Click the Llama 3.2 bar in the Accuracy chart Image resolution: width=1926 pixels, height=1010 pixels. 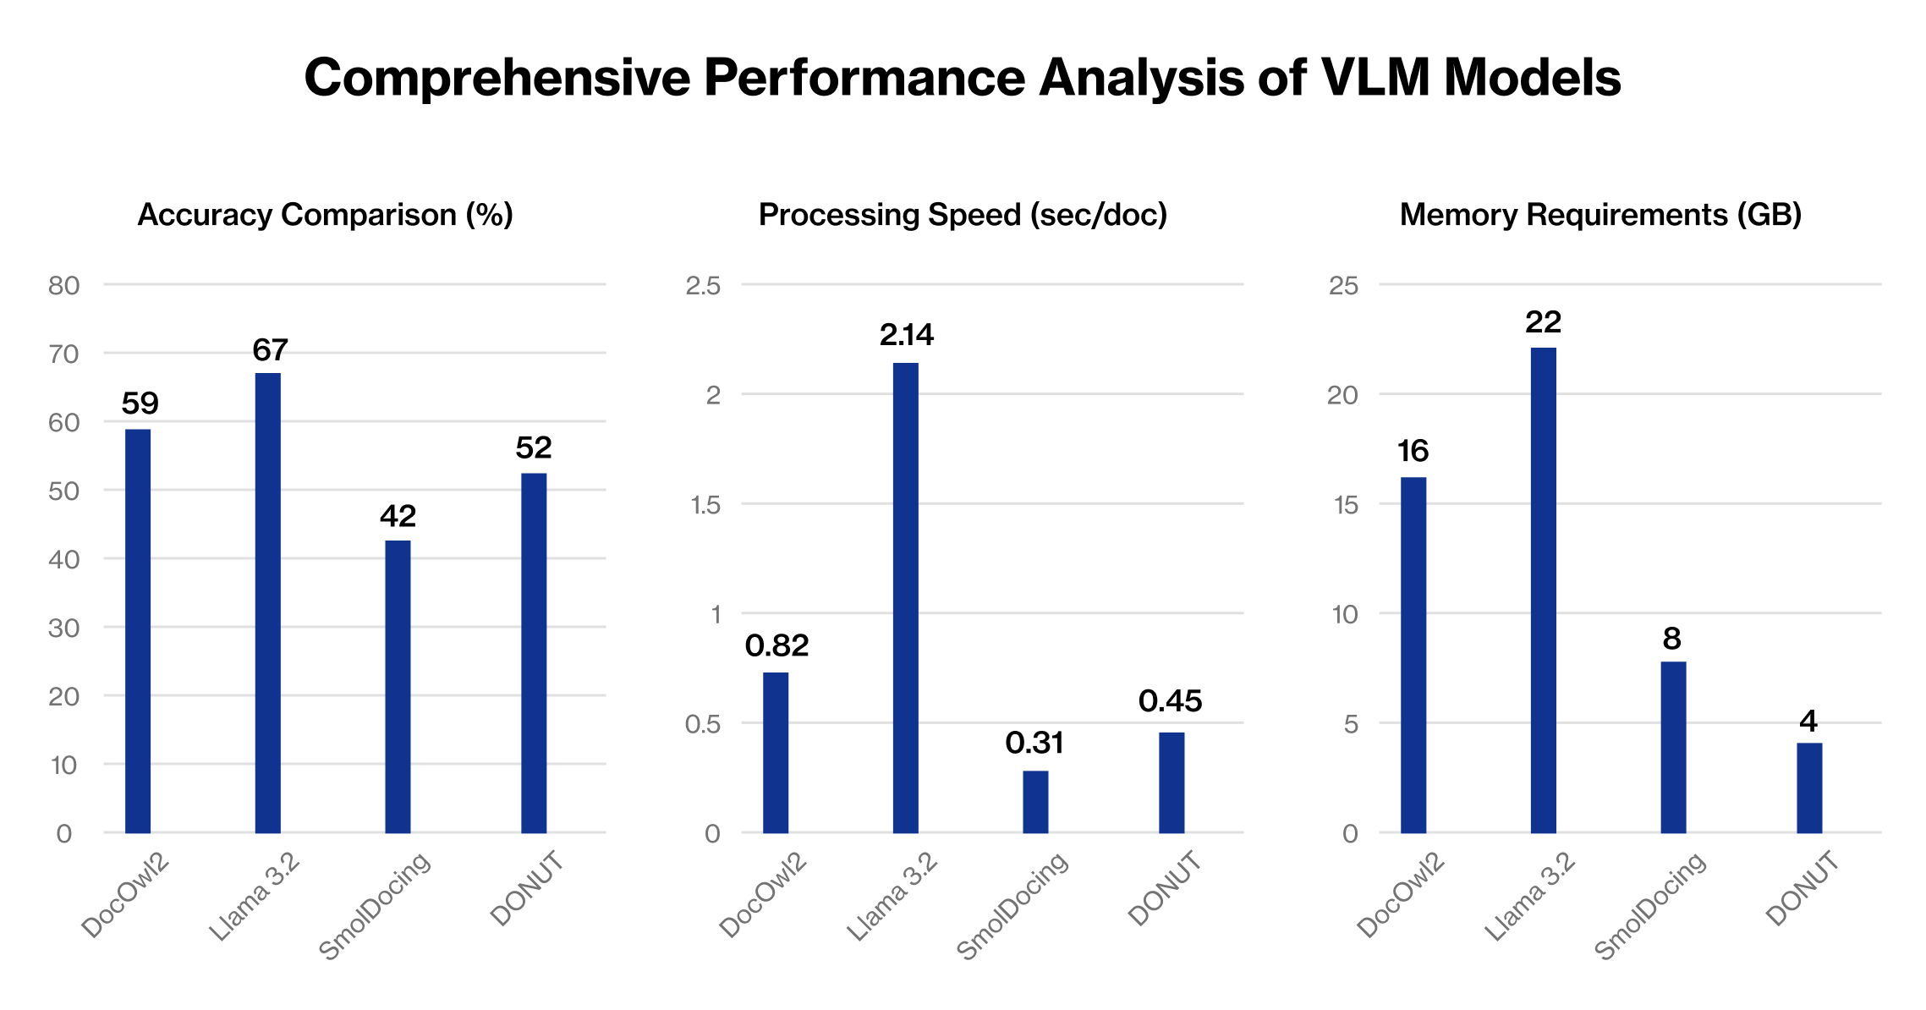click(267, 602)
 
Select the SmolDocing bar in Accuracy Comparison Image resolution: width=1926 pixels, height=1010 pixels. click(398, 686)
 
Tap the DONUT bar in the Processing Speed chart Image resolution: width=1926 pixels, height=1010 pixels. click(1172, 782)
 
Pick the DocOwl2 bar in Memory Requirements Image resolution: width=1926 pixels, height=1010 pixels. click(1413, 655)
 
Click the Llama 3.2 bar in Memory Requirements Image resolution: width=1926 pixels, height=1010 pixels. click(1543, 590)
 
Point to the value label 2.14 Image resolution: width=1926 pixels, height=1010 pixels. click(906, 335)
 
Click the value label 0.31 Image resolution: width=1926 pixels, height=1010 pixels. click(1034, 743)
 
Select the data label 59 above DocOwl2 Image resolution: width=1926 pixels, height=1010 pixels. click(140, 403)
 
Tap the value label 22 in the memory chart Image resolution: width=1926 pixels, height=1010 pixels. click(1543, 321)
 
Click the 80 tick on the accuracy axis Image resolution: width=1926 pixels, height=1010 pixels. click(64, 286)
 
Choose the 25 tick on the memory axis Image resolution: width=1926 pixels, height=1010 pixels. click(1343, 286)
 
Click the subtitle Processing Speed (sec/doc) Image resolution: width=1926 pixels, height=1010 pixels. click(963, 215)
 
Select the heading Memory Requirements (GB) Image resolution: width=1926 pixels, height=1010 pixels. click(1600, 215)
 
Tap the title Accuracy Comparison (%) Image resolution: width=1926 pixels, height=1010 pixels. click(325, 215)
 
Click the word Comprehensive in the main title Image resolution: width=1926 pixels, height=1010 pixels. click(497, 78)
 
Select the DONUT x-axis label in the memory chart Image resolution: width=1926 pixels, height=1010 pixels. click(1803, 889)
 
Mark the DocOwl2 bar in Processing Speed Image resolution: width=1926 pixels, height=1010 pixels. click(776, 752)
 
